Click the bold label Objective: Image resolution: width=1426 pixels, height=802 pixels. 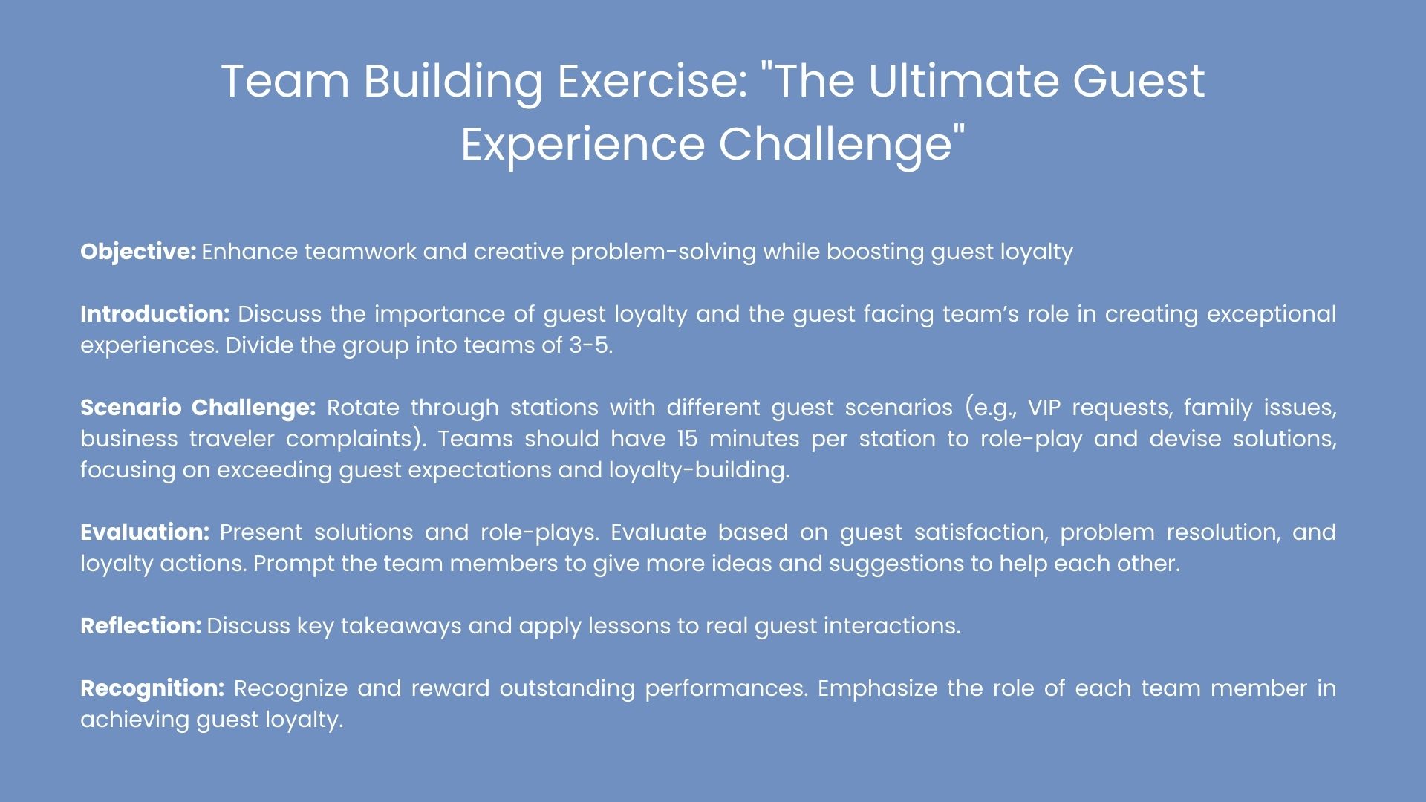click(138, 252)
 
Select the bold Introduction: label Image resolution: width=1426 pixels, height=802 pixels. click(155, 314)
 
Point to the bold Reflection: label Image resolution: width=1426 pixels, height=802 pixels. click(141, 626)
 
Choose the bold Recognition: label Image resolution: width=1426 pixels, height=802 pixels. click(152, 689)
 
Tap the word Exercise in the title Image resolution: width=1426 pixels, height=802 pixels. click(649, 81)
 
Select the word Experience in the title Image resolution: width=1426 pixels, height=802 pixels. click(583, 144)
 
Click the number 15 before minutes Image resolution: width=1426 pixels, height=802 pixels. click(687, 439)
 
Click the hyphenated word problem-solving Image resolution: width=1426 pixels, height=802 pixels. click(663, 252)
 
